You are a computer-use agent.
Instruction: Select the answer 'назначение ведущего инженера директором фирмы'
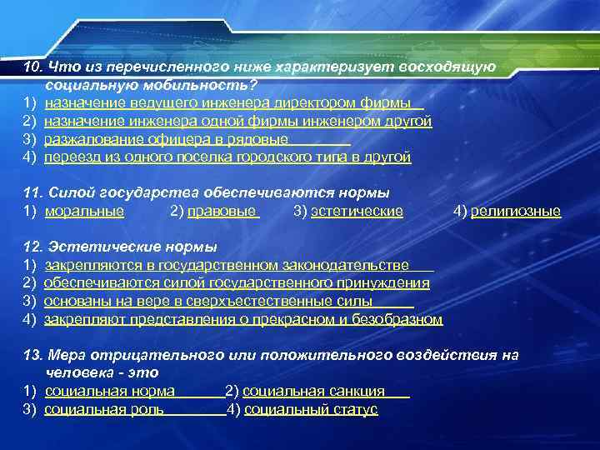(227, 103)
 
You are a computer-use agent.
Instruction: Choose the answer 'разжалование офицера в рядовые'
(166, 139)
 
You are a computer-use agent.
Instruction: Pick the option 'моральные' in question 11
(84, 212)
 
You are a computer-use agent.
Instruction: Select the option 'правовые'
(222, 212)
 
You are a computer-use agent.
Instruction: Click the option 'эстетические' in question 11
(357, 212)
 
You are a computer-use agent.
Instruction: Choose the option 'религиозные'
(516, 212)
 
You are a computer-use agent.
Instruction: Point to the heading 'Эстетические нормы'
(132, 247)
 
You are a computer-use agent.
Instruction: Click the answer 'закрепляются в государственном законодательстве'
(226, 266)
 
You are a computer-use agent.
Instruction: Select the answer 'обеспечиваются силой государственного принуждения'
(237, 283)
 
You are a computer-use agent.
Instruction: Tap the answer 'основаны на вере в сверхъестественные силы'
(208, 302)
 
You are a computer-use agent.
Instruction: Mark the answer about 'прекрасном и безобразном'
(243, 319)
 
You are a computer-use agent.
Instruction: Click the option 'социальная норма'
(109, 392)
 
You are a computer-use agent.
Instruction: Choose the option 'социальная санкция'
(314, 392)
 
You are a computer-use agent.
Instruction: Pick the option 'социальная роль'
(103, 409)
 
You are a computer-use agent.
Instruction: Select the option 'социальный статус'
(311, 409)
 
